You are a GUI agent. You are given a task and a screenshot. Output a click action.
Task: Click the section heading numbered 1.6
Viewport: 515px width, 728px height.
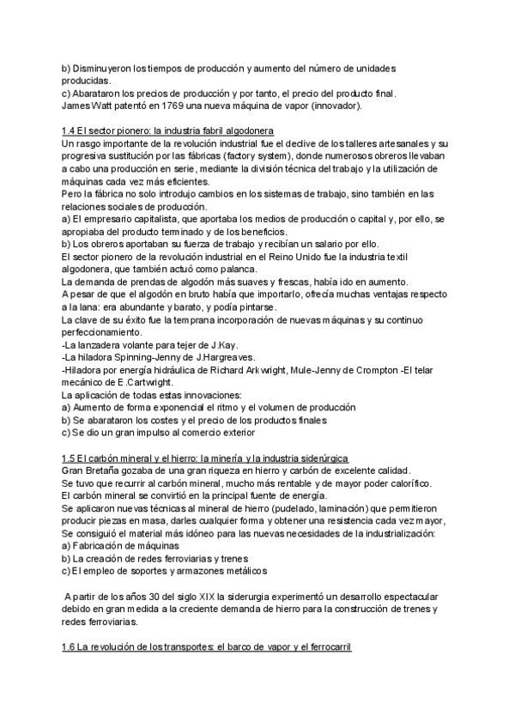(x=208, y=646)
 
